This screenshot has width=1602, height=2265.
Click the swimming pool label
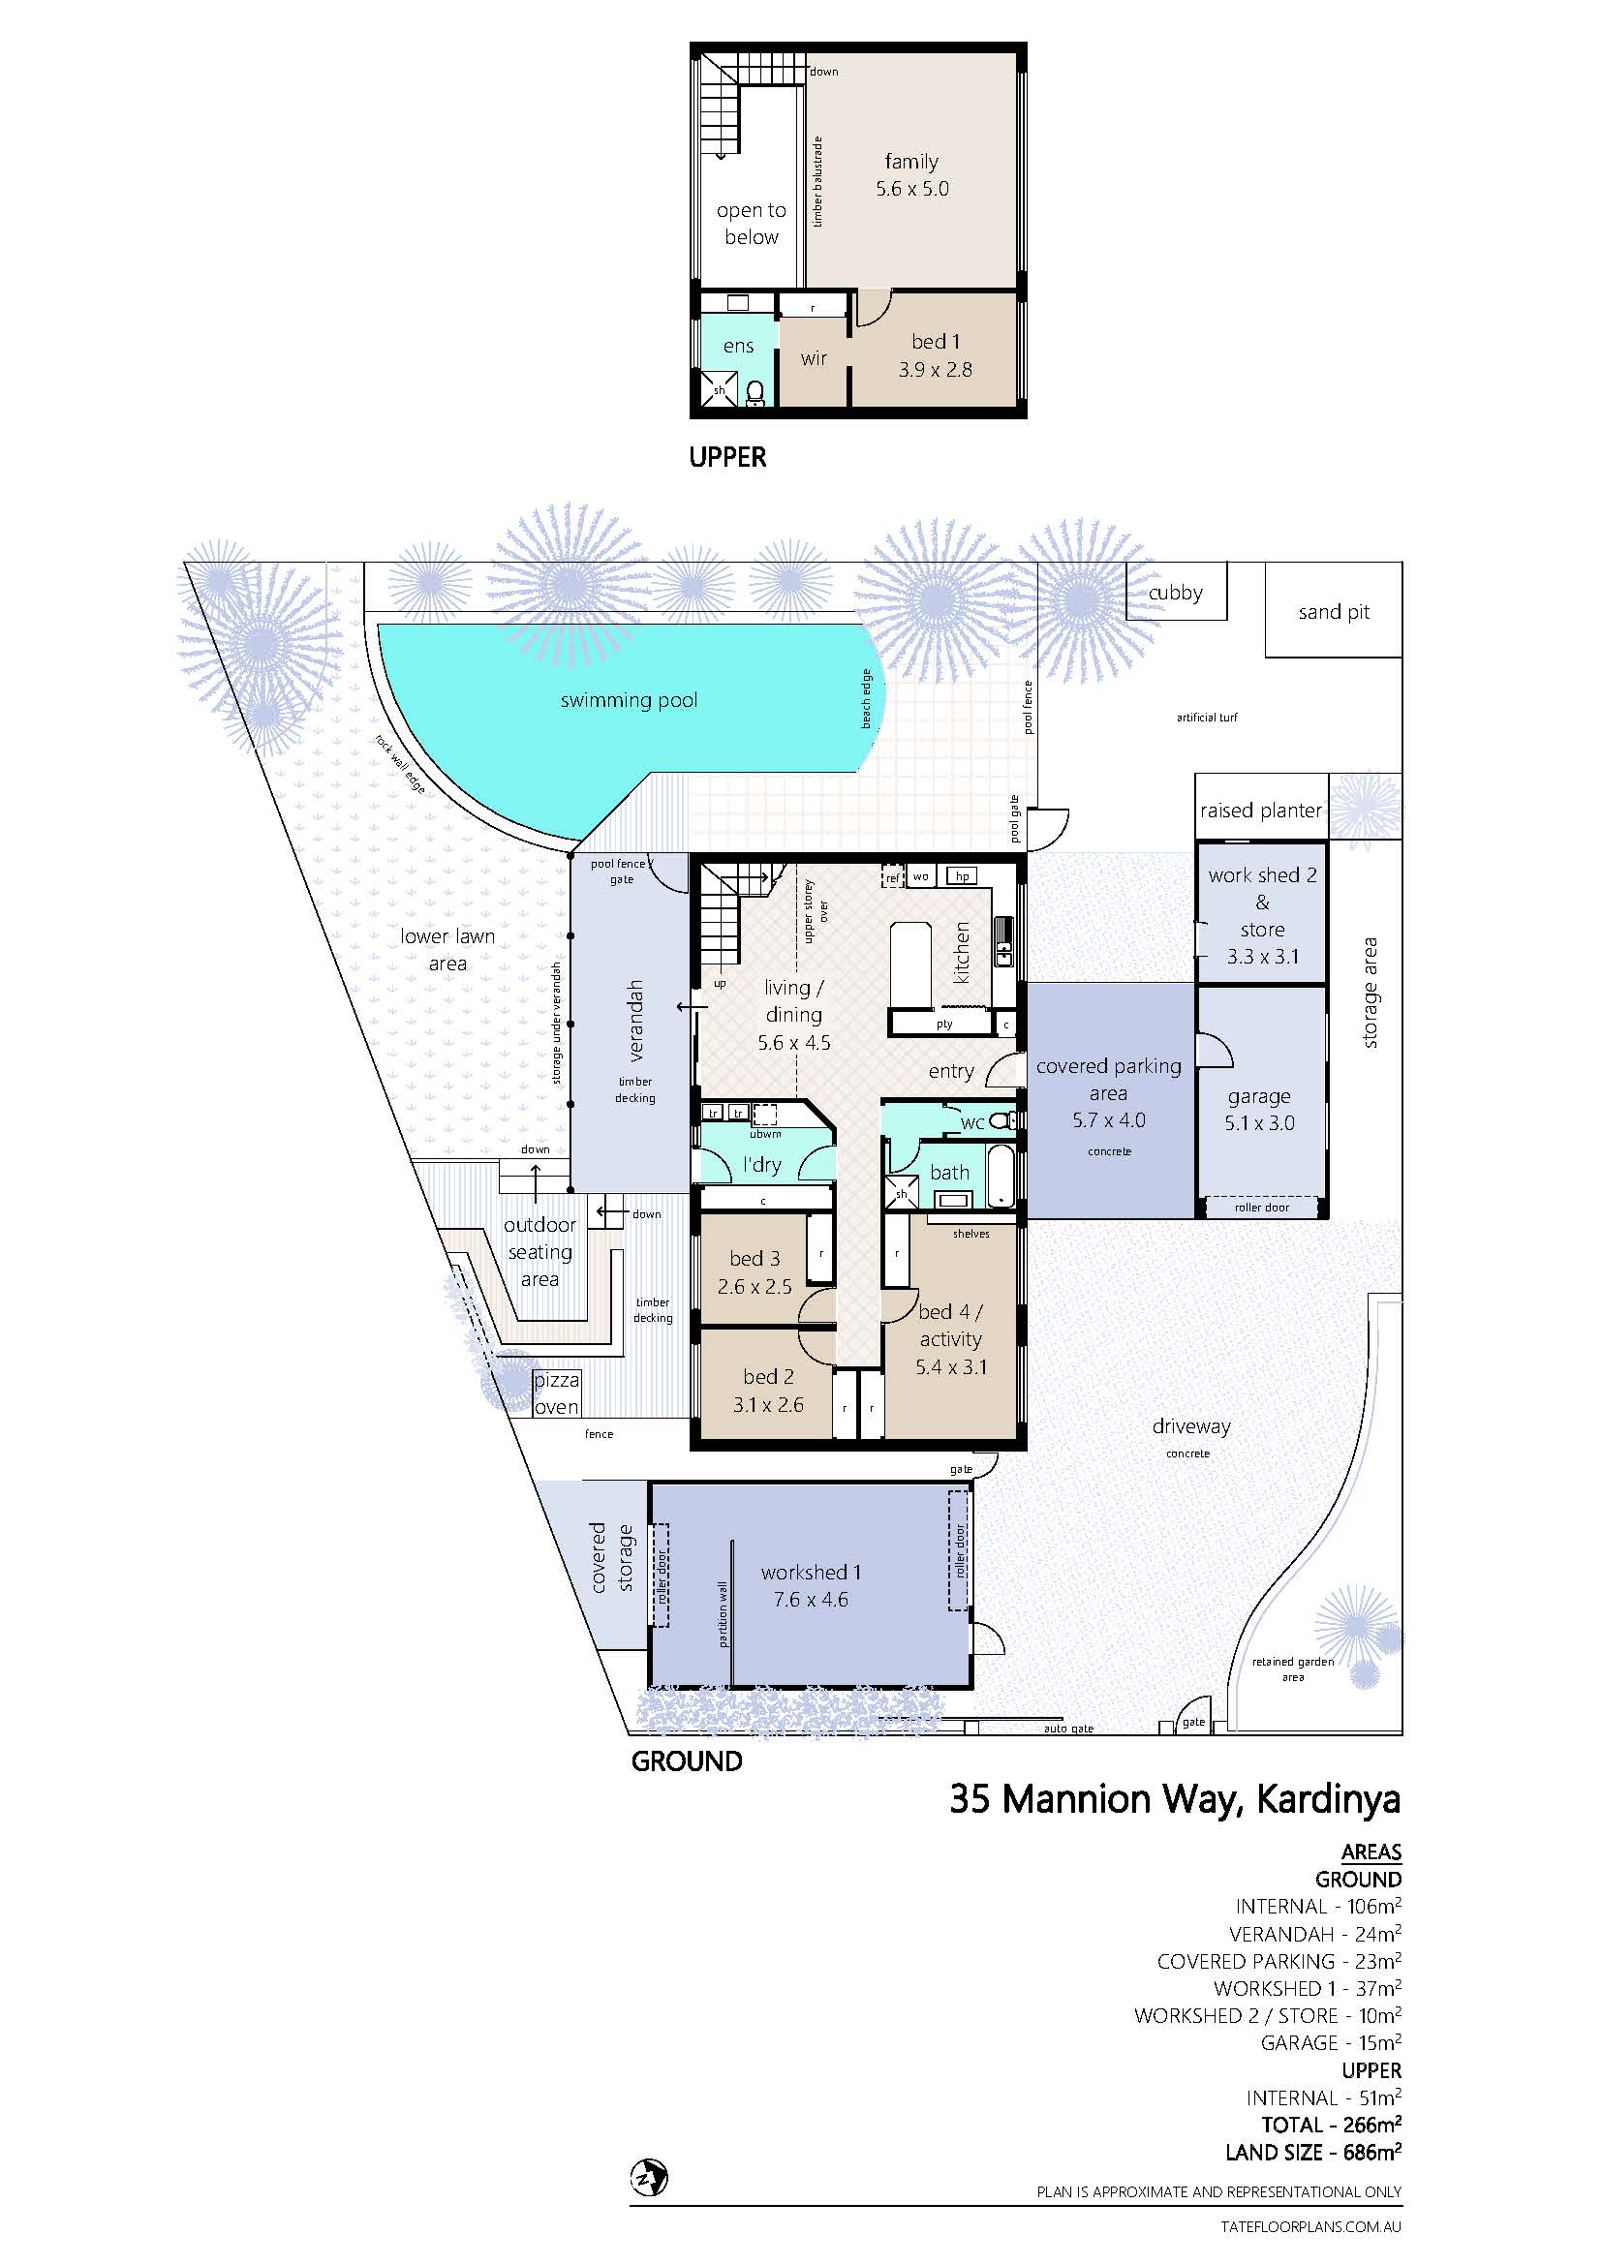click(629, 700)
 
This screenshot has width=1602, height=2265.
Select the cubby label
click(1176, 593)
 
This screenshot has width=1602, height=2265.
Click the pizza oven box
click(556, 1393)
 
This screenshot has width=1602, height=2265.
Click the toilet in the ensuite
click(755, 393)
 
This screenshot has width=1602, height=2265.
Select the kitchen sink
click(1003, 943)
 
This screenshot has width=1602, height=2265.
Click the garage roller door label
click(1262, 1208)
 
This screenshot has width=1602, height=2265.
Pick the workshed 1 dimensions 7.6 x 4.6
click(811, 1599)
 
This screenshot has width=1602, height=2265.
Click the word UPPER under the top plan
click(728, 458)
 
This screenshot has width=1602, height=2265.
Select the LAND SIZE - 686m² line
click(1313, 2152)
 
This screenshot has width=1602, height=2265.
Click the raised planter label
click(1261, 811)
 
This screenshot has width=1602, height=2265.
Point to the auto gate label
click(1068, 1729)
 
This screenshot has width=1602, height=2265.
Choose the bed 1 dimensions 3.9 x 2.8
click(936, 370)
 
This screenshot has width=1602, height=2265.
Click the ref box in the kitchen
click(893, 877)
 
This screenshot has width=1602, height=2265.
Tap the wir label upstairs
click(814, 358)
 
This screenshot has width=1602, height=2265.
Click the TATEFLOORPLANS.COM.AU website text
click(1310, 2226)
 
